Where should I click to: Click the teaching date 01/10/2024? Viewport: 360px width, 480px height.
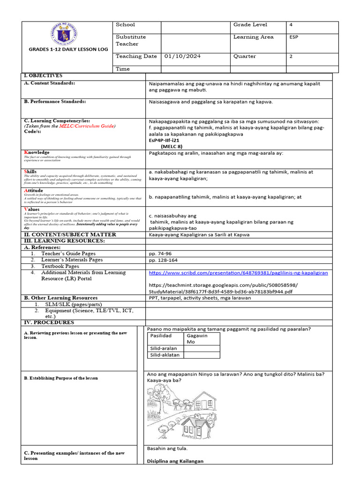(182, 56)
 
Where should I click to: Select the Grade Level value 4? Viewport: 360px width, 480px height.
(291, 25)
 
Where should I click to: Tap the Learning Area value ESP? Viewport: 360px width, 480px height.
(294, 37)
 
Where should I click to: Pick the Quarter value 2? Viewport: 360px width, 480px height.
(291, 56)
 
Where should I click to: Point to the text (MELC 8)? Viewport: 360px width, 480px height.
(173, 146)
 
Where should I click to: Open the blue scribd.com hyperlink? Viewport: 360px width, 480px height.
(238, 272)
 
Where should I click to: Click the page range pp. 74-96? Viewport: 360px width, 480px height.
(160, 254)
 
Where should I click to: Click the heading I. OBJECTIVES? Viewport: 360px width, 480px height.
(43, 76)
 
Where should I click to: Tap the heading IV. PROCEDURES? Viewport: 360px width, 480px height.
(49, 322)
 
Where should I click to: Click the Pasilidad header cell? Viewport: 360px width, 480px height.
(161, 336)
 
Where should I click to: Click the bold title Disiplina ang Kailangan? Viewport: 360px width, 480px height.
(175, 461)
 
